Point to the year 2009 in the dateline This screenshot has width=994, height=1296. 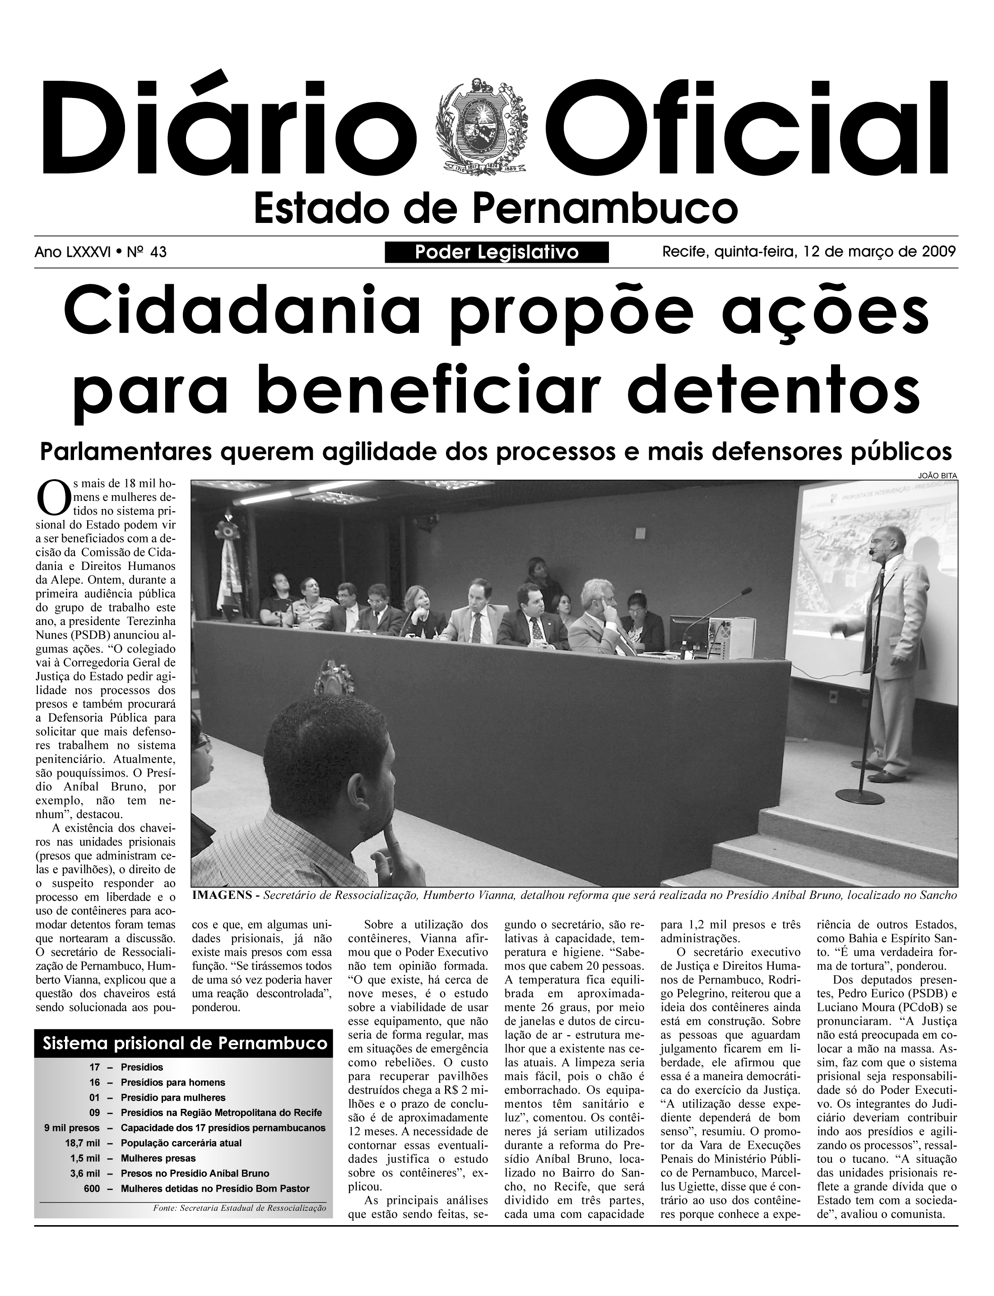tap(939, 252)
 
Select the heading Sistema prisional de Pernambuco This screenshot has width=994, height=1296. tap(185, 1042)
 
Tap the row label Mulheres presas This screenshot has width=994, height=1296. tap(158, 1158)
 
